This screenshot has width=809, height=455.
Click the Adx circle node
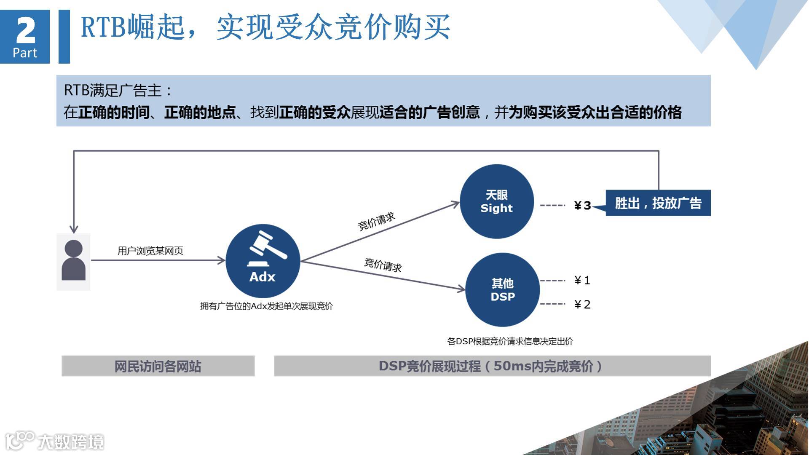pos(263,261)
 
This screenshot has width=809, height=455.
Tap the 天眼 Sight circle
pos(497,201)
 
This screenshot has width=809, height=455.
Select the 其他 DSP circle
pos(503,290)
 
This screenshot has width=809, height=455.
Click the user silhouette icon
pos(74,260)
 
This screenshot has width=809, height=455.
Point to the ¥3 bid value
pos(583,206)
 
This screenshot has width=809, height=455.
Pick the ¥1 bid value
pos(582,281)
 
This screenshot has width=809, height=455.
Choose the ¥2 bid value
pos(582,305)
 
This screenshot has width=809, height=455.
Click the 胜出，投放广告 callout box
pos(658,203)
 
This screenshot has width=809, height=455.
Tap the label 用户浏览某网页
pos(150,251)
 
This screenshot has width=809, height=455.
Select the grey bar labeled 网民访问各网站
pos(158,366)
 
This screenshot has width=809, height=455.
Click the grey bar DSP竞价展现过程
pos(492,366)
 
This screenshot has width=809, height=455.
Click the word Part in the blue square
pos(25,53)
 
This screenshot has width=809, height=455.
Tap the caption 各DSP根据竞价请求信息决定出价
pos(510,341)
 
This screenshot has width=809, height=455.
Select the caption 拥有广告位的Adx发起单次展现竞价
pos(266,306)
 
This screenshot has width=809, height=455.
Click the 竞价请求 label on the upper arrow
pos(376,221)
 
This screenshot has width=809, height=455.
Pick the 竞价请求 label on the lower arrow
pos(383,265)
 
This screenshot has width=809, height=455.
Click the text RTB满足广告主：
pos(118,90)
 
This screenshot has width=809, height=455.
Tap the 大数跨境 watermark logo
pos(55,441)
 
